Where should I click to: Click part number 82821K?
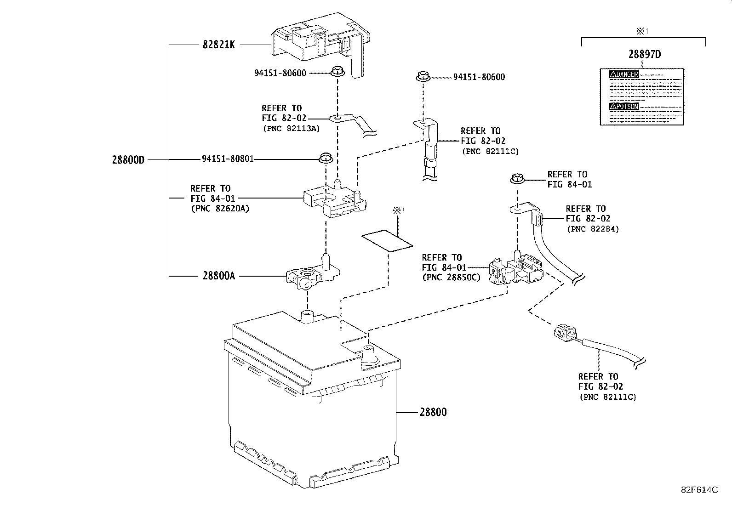[x=218, y=45]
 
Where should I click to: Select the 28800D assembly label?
[x=128, y=160]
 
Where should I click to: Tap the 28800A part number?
[x=218, y=276]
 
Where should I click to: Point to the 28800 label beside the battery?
[x=432, y=412]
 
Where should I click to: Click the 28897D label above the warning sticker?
[x=645, y=54]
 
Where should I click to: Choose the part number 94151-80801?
[x=228, y=159]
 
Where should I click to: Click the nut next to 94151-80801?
[x=326, y=159]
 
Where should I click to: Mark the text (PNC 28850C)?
[x=450, y=277]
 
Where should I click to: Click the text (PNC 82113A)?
[x=291, y=128]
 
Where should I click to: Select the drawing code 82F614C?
[x=699, y=490]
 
